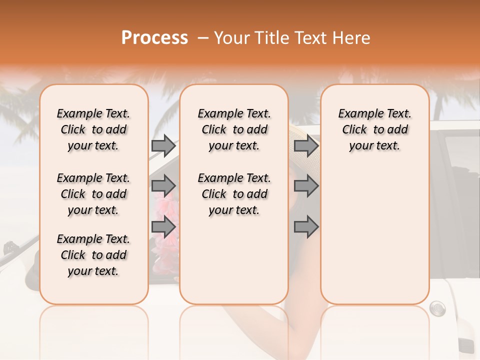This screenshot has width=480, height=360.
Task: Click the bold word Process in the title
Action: [154, 38]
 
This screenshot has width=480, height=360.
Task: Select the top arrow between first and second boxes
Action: [163, 146]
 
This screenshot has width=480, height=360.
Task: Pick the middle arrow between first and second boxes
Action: [163, 186]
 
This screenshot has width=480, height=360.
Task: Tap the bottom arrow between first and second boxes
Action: [163, 226]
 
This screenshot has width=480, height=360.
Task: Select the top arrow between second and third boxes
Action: [306, 146]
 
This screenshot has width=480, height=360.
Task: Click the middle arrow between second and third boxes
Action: [306, 186]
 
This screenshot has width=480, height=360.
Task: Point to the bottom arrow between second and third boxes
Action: [306, 226]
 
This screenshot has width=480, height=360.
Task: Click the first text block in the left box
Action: [93, 129]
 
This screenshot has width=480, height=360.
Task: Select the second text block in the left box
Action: [93, 194]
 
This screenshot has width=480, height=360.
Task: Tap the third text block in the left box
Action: [93, 255]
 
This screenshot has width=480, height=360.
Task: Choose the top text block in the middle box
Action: [234, 129]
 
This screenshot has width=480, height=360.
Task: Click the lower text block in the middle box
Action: [234, 194]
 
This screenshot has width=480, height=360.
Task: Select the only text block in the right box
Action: [375, 129]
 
